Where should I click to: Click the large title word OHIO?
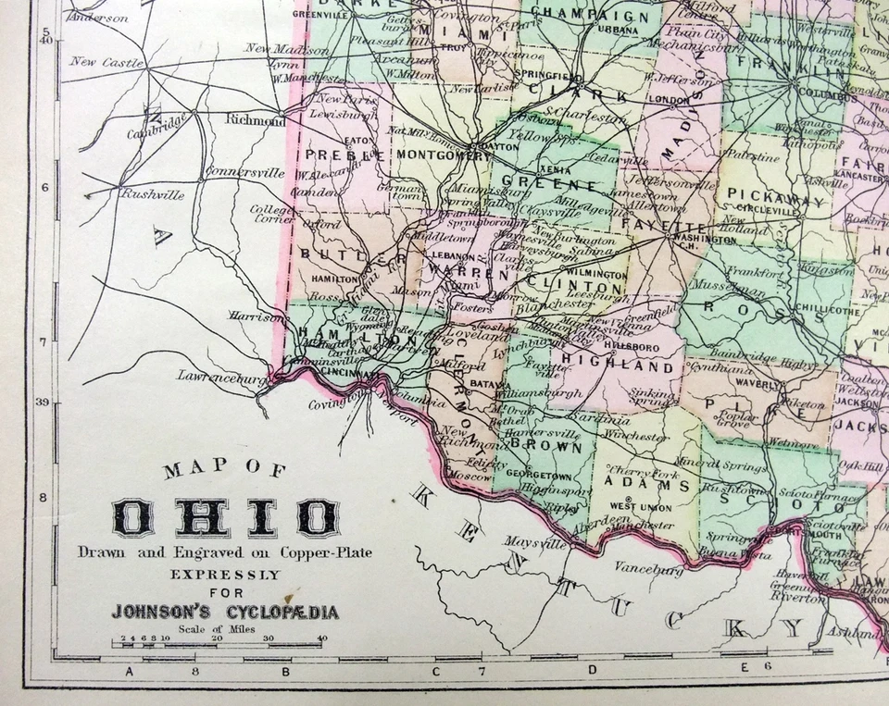225,517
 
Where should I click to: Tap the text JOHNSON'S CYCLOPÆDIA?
225,612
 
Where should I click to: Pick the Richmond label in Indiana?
256,120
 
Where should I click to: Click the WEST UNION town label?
638,507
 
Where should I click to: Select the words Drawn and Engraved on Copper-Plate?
225,553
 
